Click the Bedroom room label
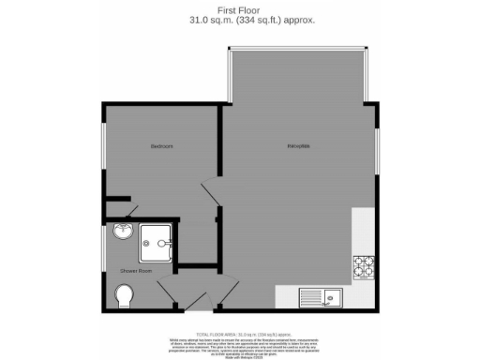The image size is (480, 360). click(x=161, y=146)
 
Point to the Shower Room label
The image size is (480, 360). click(x=134, y=272)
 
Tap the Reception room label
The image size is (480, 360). click(x=299, y=146)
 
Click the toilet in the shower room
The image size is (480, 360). click(x=123, y=297)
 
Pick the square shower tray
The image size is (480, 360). click(x=157, y=243)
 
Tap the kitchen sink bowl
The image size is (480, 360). click(x=330, y=299)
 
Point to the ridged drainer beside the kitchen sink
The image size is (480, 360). click(x=309, y=299)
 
